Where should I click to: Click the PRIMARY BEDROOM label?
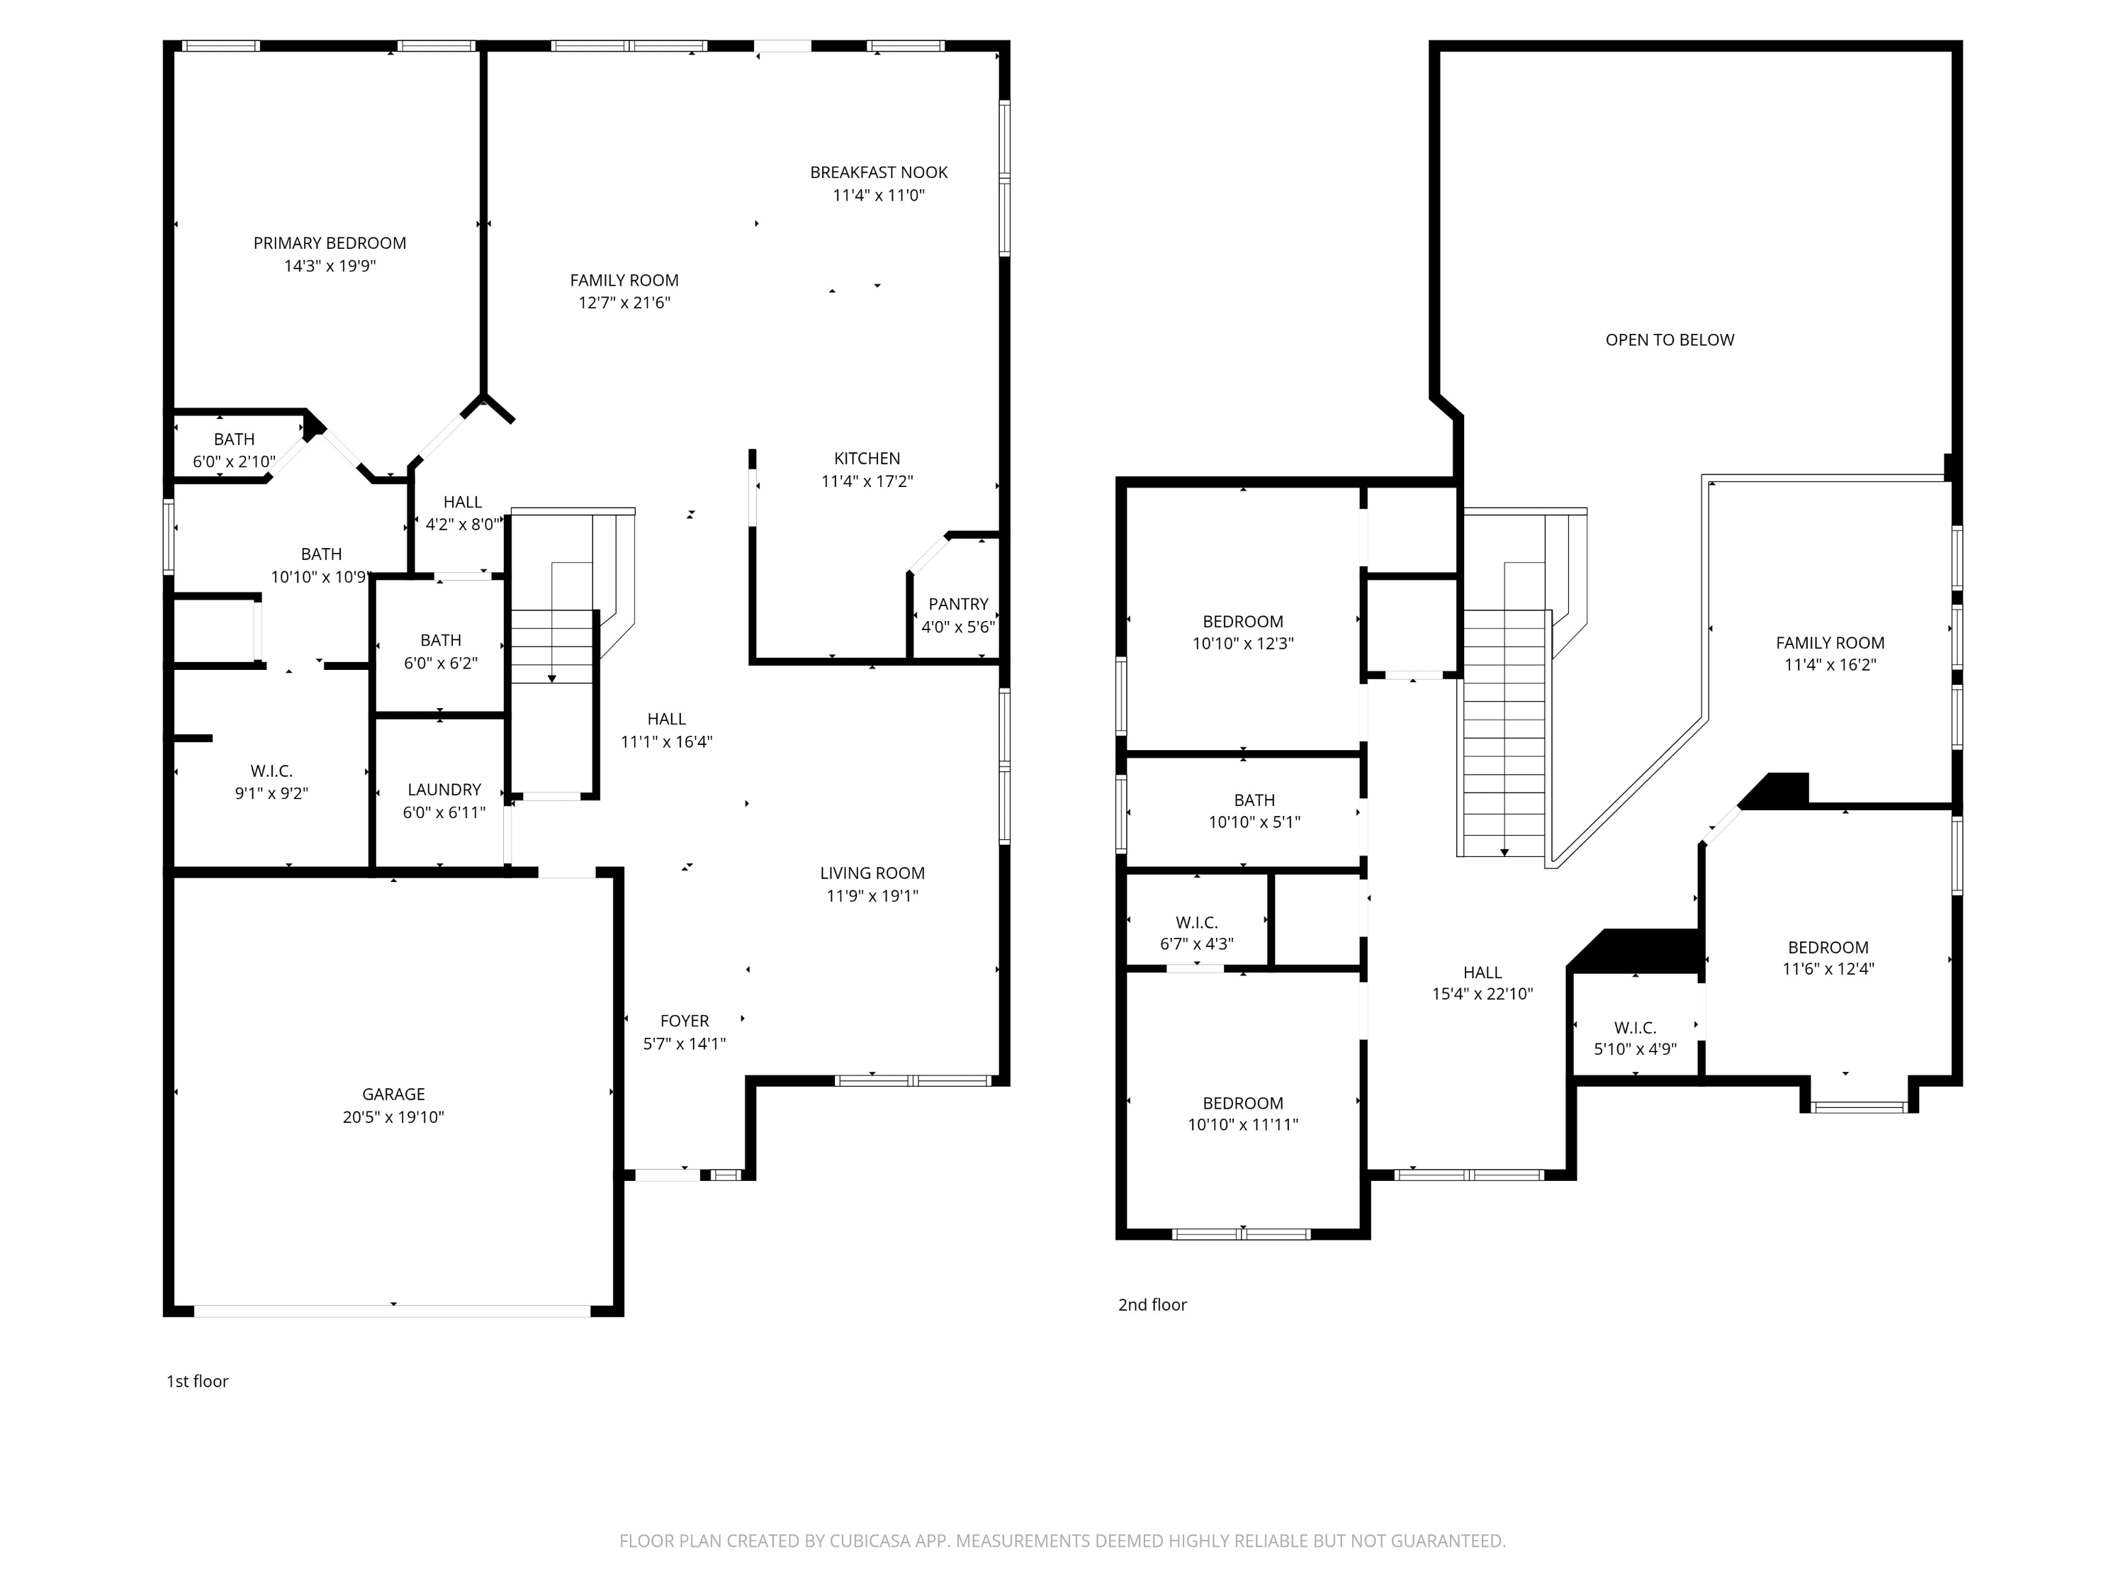click(330, 243)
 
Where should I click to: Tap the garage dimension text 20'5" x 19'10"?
click(393, 1117)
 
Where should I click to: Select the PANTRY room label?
click(958, 604)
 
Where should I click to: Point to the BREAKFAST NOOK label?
click(879, 173)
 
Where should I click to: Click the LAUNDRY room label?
click(444, 789)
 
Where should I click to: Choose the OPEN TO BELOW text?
click(1670, 340)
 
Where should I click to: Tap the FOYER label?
click(685, 1021)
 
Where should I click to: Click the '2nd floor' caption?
click(1152, 1304)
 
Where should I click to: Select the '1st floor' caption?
click(197, 1382)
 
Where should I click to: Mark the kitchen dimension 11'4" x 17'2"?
click(867, 481)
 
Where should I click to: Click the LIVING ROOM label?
click(872, 873)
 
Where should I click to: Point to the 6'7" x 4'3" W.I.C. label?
click(1197, 933)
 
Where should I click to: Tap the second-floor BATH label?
click(1254, 800)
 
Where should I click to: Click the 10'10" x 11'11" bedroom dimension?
click(1243, 1125)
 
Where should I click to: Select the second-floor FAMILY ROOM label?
click(1829, 643)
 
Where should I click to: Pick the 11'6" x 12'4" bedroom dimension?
click(1828, 969)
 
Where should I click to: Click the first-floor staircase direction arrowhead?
click(551, 679)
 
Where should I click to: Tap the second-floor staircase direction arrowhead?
click(1504, 852)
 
